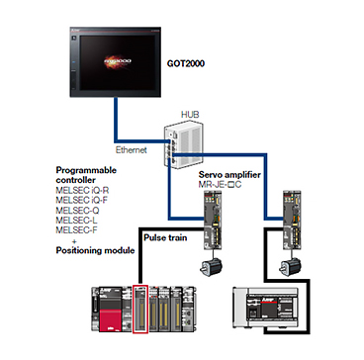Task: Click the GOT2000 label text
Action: pyautogui.click(x=186, y=63)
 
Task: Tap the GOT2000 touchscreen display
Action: pyautogui.click(x=115, y=62)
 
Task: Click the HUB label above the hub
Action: pyautogui.click(x=190, y=115)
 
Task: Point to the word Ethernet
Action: pyautogui.click(x=132, y=150)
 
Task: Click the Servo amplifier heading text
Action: pyautogui.click(x=229, y=175)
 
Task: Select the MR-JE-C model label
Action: pyautogui.click(x=220, y=184)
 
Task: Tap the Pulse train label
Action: pyautogui.click(x=165, y=237)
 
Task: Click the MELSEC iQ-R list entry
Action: pyautogui.click(x=78, y=191)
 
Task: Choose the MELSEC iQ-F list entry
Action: pyautogui.click(x=77, y=200)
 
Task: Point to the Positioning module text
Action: pyautogui.click(x=95, y=250)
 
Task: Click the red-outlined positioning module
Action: pyautogui.click(x=140, y=309)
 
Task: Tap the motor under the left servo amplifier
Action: pyautogui.click(x=211, y=267)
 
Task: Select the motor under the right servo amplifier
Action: pyautogui.click(x=290, y=267)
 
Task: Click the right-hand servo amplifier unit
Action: pyautogui.click(x=293, y=221)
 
